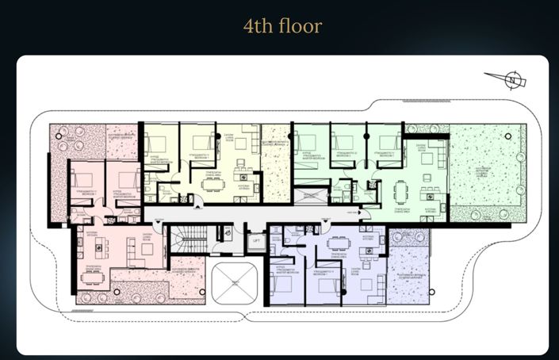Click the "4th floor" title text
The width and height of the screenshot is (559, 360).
(x=282, y=26)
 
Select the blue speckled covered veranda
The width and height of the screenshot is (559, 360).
(x=410, y=274)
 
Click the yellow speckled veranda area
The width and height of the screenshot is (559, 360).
(x=276, y=170)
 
